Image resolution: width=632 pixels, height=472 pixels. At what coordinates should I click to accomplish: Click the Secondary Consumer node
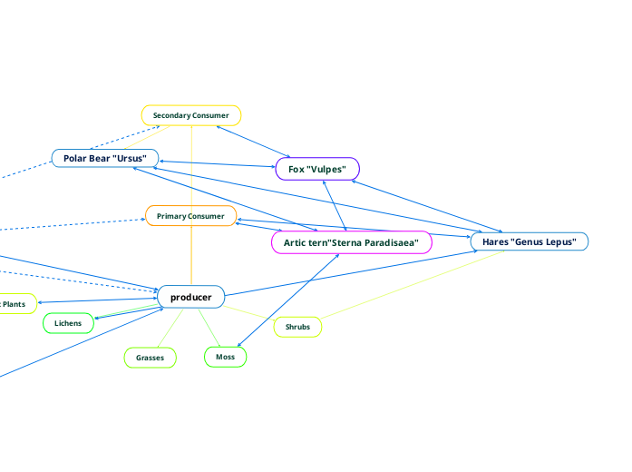(190, 115)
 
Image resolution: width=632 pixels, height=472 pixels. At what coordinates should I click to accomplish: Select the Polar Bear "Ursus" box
(105, 158)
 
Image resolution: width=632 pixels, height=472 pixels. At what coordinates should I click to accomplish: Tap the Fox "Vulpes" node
(317, 169)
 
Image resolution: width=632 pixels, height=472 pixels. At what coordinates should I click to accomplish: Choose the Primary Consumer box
(190, 216)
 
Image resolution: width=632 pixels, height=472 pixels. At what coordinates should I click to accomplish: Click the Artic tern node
(351, 242)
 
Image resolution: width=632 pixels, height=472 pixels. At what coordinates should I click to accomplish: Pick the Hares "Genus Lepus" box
(530, 241)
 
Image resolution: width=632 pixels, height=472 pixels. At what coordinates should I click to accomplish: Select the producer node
(190, 297)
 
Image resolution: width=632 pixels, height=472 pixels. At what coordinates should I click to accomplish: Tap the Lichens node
(68, 323)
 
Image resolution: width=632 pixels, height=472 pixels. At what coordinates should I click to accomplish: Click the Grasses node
(150, 358)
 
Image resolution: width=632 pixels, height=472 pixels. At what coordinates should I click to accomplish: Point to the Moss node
(225, 357)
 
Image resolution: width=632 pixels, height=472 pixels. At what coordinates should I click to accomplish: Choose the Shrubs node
(297, 326)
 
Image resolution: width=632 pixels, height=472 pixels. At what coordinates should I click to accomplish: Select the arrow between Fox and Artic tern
(335, 205)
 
